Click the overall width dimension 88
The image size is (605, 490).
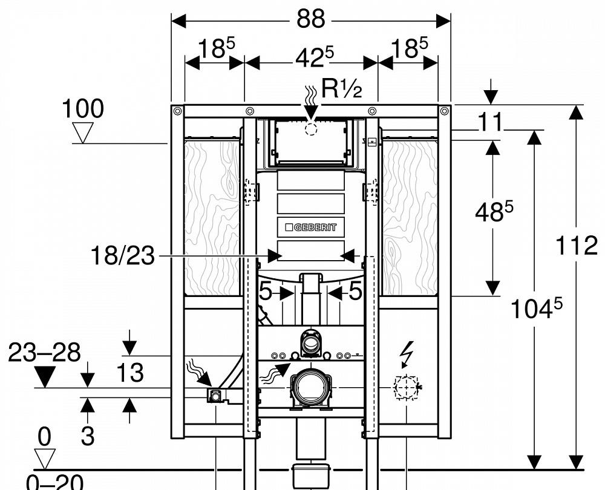tap(310, 19)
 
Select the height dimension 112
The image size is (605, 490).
tap(575, 246)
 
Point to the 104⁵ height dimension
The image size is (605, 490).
tap(535, 309)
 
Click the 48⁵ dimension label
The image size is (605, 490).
tap(493, 212)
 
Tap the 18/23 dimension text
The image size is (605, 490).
tap(122, 256)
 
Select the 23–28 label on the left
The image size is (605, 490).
tap(44, 353)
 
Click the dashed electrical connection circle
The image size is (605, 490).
tap(406, 386)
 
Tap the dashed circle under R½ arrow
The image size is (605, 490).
tap(311, 128)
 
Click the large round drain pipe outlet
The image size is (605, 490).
tap(310, 385)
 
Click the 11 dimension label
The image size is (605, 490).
tap(491, 122)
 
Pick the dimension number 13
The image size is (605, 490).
tap(129, 373)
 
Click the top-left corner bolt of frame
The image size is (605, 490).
tap(177, 111)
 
